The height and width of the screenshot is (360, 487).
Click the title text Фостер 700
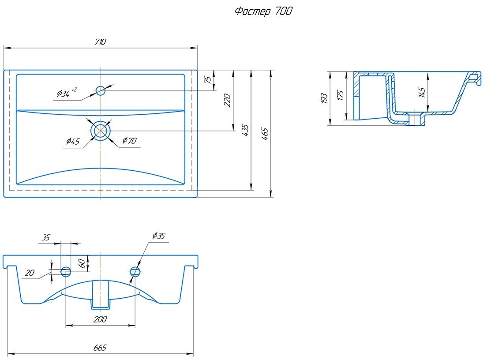click(263, 11)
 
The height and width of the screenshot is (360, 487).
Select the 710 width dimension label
click(101, 41)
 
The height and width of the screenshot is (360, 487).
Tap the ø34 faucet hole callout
click(67, 93)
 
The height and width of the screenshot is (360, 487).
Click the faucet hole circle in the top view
click(101, 91)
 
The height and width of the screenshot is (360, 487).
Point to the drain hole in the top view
click(100, 131)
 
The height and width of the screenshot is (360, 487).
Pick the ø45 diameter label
click(73, 142)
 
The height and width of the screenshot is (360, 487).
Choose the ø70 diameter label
click(129, 141)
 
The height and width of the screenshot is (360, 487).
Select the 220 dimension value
click(227, 100)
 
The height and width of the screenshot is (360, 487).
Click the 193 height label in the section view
click(324, 98)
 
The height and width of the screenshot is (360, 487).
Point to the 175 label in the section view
click(341, 96)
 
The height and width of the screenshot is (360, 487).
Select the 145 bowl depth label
click(422, 93)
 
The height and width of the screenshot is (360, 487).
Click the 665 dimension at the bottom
click(100, 348)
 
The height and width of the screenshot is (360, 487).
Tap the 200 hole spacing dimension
click(100, 319)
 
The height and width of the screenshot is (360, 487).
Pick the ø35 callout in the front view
click(158, 236)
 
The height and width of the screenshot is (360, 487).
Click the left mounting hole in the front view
click(66, 271)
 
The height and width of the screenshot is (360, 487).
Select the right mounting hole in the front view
click(135, 271)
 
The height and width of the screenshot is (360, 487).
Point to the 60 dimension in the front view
click(82, 264)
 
